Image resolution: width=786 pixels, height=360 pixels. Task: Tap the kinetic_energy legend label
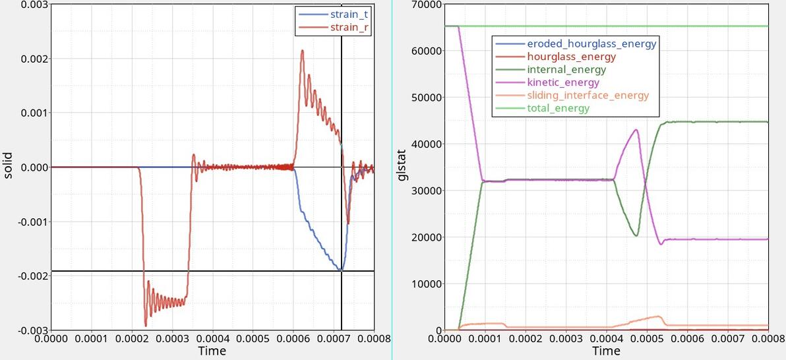[x=562, y=82]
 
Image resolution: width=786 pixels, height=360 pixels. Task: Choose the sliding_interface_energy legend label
[x=588, y=96]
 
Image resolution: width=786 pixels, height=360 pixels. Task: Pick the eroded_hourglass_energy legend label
[x=591, y=44]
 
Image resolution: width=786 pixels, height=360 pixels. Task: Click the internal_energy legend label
[x=566, y=69]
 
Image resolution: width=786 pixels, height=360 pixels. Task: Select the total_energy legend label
[x=558, y=108]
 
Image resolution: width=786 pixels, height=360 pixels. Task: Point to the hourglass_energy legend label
[x=571, y=57]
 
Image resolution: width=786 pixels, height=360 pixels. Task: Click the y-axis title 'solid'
[x=9, y=167]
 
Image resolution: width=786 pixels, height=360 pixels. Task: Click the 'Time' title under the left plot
[x=212, y=351]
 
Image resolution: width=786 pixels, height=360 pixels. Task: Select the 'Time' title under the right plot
[x=605, y=351]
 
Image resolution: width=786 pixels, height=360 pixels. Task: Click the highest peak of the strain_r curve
[x=302, y=50]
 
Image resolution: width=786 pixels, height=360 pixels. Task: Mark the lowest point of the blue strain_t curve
[x=340, y=270]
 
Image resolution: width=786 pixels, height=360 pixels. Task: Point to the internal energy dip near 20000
[x=636, y=235]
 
